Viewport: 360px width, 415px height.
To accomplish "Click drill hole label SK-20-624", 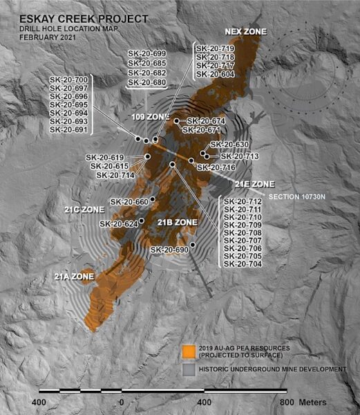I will click(x=118, y=223).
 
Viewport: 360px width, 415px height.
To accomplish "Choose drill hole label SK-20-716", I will click(x=216, y=167).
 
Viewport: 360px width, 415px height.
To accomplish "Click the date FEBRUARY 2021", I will click(x=39, y=36).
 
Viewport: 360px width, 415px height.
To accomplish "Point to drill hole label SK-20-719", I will click(x=215, y=49).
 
